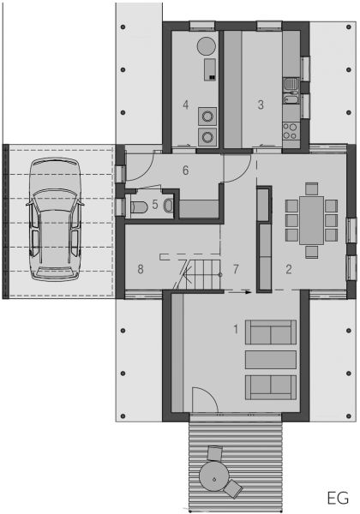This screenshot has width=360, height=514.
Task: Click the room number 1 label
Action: tap(236, 329)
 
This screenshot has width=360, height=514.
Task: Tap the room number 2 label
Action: tap(289, 269)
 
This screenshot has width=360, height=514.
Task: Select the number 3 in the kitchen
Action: tap(261, 105)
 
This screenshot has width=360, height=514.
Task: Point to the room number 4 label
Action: tap(186, 105)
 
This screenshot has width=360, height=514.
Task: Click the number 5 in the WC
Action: tap(155, 205)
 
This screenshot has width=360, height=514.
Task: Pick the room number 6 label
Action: tap(186, 170)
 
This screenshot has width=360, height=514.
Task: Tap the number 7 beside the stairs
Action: tap(236, 269)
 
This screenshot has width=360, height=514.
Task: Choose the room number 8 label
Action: tap(141, 269)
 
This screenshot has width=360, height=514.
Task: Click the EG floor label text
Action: tap(338, 499)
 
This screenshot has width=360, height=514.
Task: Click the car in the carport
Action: tap(55, 219)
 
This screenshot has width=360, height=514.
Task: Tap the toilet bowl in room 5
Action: tap(141, 207)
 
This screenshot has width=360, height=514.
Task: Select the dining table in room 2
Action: tap(311, 220)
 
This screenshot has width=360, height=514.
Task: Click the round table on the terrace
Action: tap(214, 476)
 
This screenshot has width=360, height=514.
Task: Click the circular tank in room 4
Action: tap(207, 46)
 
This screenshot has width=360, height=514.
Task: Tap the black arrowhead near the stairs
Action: tap(249, 291)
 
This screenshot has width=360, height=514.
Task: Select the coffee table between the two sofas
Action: tap(271, 360)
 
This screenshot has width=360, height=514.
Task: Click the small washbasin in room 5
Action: tap(169, 206)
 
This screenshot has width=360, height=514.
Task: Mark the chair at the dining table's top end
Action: tap(311, 189)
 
